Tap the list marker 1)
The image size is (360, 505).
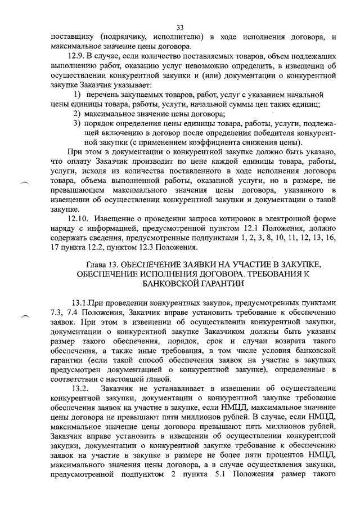pyautogui.click(x=79, y=94)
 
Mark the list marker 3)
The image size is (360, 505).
pyautogui.click(x=78, y=123)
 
